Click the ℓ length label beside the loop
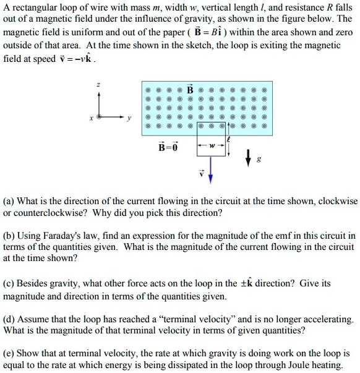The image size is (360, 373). click(x=228, y=140)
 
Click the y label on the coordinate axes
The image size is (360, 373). click(x=131, y=120)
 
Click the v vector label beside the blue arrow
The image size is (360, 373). click(x=199, y=173)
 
